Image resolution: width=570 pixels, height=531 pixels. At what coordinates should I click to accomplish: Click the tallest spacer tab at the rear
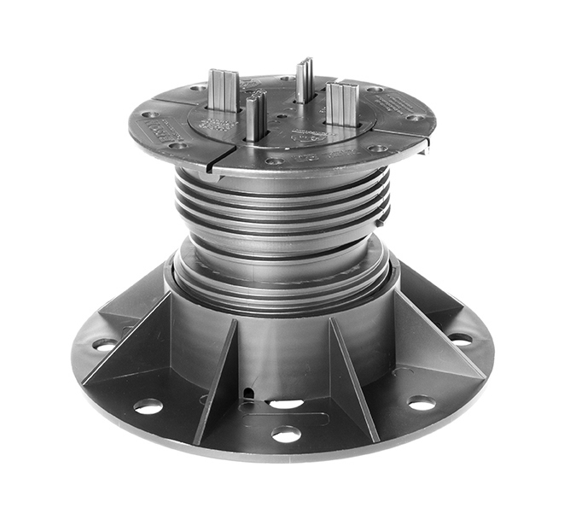305,79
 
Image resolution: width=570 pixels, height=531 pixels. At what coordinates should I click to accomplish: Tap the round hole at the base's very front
286,435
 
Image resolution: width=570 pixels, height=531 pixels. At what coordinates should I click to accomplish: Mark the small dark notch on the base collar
248,392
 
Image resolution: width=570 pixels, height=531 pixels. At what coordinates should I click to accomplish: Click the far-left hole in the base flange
105,344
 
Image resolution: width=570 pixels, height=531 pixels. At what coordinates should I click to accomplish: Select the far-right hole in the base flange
461,339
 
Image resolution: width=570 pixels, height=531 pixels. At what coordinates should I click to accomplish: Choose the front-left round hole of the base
148,406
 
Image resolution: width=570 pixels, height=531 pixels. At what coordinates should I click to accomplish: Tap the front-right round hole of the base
422,402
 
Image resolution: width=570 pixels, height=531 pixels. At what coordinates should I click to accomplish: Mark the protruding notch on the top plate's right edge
424,145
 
